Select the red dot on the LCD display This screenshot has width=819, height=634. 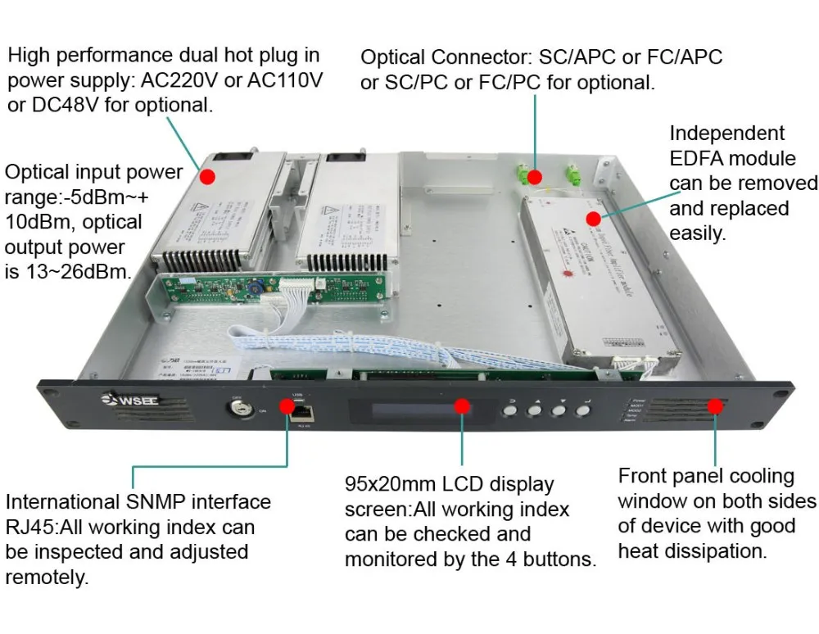point(462,406)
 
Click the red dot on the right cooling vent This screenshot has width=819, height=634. point(716,405)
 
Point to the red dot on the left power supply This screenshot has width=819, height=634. point(207,176)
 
